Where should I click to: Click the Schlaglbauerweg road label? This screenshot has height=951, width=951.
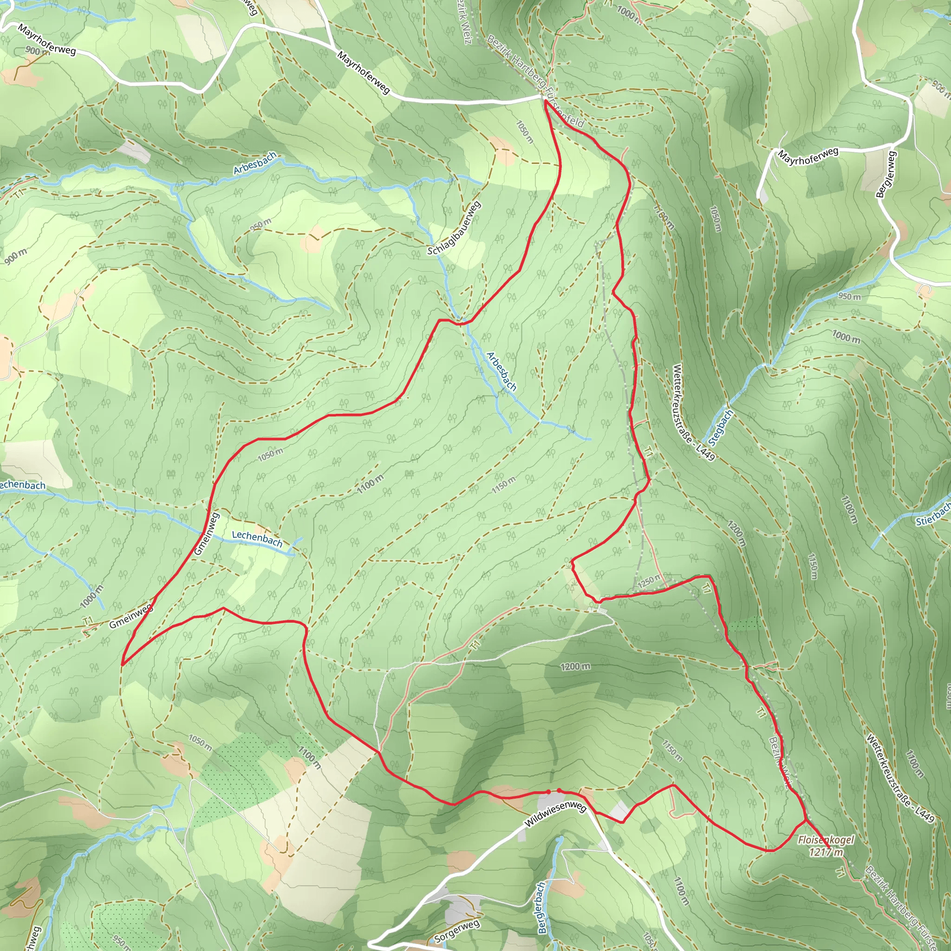click(x=453, y=229)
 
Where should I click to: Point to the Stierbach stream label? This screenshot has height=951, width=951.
click(x=933, y=514)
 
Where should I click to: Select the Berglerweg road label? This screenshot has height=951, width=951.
click(x=886, y=174)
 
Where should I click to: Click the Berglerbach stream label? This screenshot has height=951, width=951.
click(x=541, y=908)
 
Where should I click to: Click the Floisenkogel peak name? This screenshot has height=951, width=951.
click(x=827, y=840)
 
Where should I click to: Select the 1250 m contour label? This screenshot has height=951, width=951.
click(x=649, y=581)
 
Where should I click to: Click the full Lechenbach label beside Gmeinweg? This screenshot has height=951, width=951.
click(x=257, y=539)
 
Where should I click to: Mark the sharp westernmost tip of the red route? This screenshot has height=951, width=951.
click(x=122, y=664)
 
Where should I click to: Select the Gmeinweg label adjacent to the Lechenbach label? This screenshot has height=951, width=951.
click(x=206, y=534)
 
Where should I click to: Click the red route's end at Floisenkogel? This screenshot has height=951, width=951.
click(x=829, y=847)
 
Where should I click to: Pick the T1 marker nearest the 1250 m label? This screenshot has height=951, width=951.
click(x=707, y=588)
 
